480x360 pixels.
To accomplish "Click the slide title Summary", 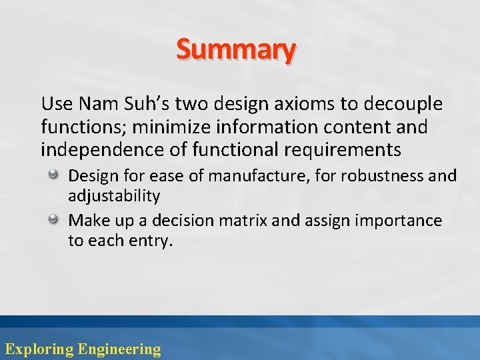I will coord(236,50).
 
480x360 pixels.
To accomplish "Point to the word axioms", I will coord(297,104).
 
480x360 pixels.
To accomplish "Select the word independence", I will coord(90,149).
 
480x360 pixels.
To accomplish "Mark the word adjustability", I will coord(114,196).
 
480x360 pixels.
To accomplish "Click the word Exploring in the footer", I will coord(39,349).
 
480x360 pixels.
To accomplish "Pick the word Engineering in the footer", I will coord(119,349).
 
